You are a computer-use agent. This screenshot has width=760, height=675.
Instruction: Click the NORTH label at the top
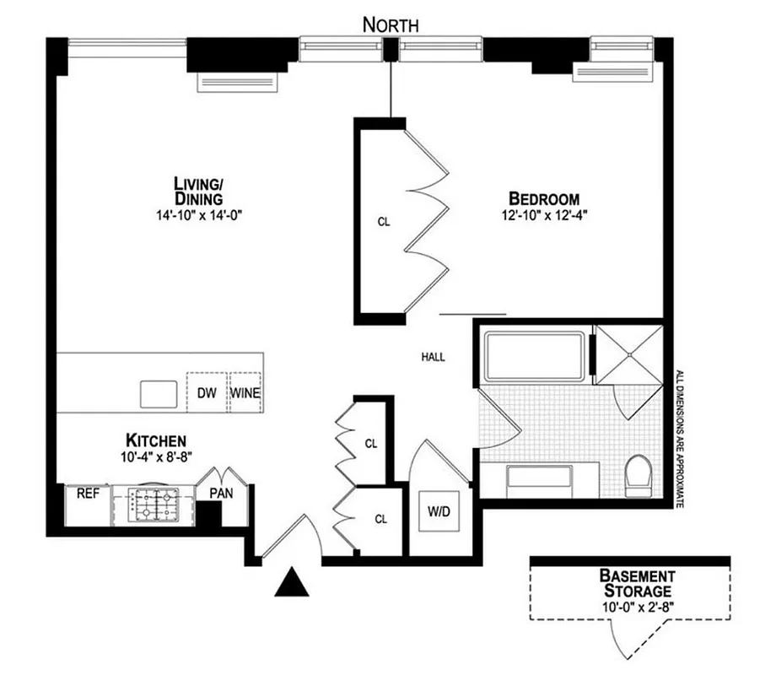tap(390, 24)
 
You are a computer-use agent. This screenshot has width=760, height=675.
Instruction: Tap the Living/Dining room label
tap(198, 191)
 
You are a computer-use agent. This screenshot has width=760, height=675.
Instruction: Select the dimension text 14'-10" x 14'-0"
tap(200, 214)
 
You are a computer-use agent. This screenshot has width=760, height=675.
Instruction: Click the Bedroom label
tap(543, 198)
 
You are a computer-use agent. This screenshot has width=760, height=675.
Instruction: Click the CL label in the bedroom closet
tap(383, 223)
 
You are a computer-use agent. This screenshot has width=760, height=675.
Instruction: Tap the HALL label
tap(433, 357)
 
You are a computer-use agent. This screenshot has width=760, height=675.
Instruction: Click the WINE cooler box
tap(245, 392)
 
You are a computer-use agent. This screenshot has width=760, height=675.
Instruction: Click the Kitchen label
tap(155, 440)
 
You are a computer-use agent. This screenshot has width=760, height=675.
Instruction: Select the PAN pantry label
tap(221, 493)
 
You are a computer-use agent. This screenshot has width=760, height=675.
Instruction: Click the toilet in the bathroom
tap(640, 475)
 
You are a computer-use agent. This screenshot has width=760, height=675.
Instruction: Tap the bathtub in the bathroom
tap(535, 354)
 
